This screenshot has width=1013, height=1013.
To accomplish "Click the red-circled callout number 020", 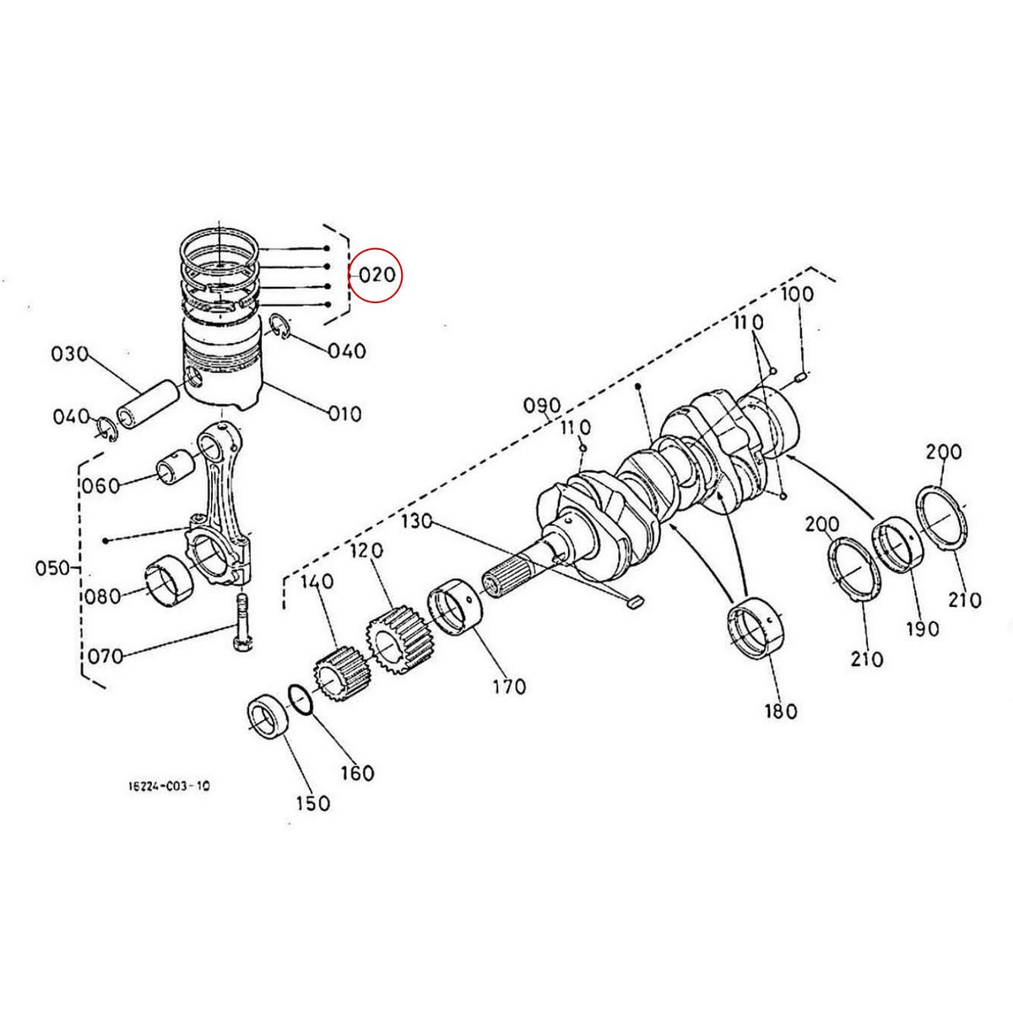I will [376, 275].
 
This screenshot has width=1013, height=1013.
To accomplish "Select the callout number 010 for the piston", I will [344, 414].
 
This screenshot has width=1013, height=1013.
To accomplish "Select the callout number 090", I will [542, 407].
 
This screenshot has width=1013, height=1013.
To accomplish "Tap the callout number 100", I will [797, 295].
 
